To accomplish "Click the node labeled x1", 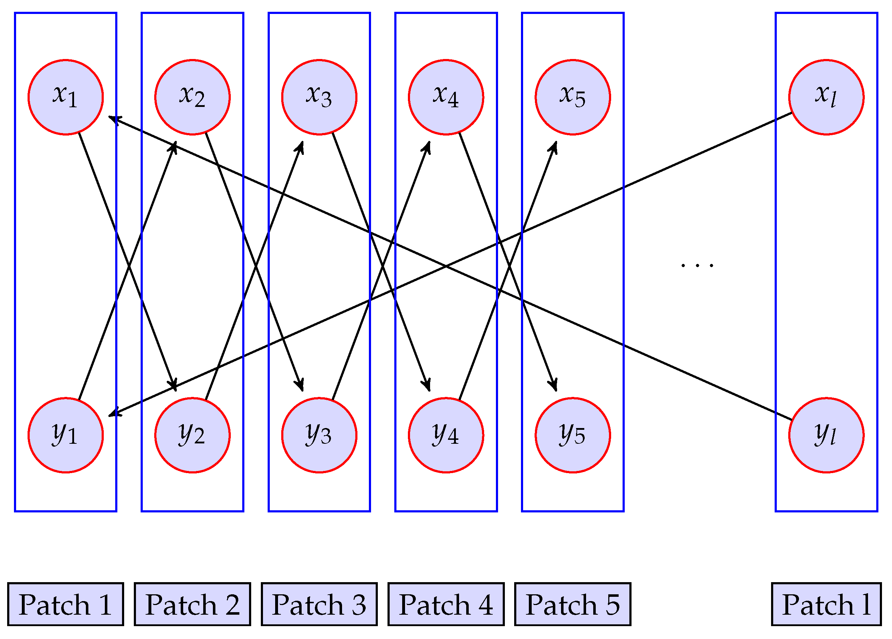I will pos(66,97).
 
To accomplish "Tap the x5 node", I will pos(572,97).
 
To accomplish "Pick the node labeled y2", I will pos(192,435).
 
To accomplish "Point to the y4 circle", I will pos(446,435).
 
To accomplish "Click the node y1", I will pos(66,435).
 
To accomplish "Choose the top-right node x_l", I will pos(826,97).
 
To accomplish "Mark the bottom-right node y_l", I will pos(826,435).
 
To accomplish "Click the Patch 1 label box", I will pos(66,604).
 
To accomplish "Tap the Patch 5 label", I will pos(572,604).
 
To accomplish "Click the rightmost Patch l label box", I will pos(826,604).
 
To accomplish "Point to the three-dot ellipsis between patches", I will pos(697,266).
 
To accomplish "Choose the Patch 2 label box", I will pos(192,604).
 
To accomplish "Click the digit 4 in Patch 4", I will pos(486,604).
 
